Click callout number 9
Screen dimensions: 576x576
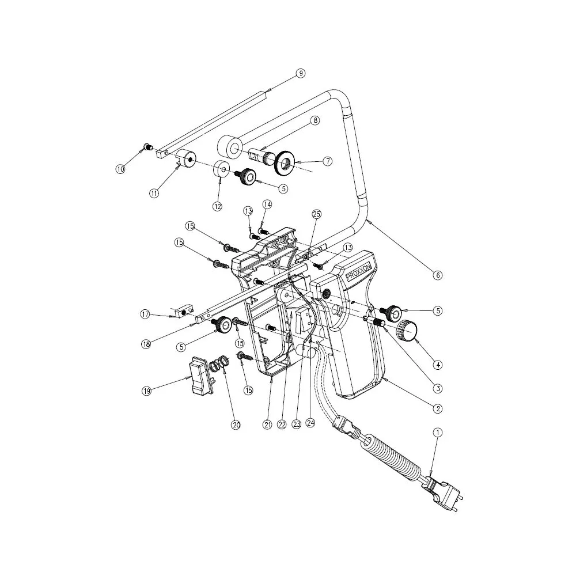(300, 73)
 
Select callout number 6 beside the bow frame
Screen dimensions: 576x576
(438, 275)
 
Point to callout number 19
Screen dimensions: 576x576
(146, 391)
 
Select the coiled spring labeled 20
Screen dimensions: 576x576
(219, 364)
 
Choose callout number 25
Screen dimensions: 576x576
(316, 214)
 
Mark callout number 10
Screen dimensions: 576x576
(120, 169)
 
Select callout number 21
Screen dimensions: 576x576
(267, 425)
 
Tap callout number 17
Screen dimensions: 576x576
(146, 314)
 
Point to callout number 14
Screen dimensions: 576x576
(267, 204)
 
